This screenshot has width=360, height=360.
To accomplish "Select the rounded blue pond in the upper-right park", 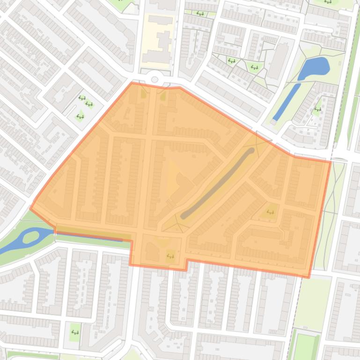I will click(x=314, y=68).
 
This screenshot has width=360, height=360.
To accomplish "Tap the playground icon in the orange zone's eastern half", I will click(x=270, y=212).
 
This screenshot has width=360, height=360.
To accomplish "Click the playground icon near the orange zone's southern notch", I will click(x=170, y=255).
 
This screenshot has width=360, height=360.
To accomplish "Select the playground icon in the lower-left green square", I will click(x=74, y=332).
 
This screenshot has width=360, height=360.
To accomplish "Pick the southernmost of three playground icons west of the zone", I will click(x=80, y=117).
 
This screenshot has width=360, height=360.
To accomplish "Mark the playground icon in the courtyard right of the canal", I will click(x=317, y=110).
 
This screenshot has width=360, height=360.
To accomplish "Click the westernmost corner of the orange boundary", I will click(x=31, y=209).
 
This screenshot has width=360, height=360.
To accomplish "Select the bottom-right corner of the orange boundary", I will click(x=309, y=277).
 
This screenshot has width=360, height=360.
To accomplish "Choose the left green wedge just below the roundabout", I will click(x=143, y=93).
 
